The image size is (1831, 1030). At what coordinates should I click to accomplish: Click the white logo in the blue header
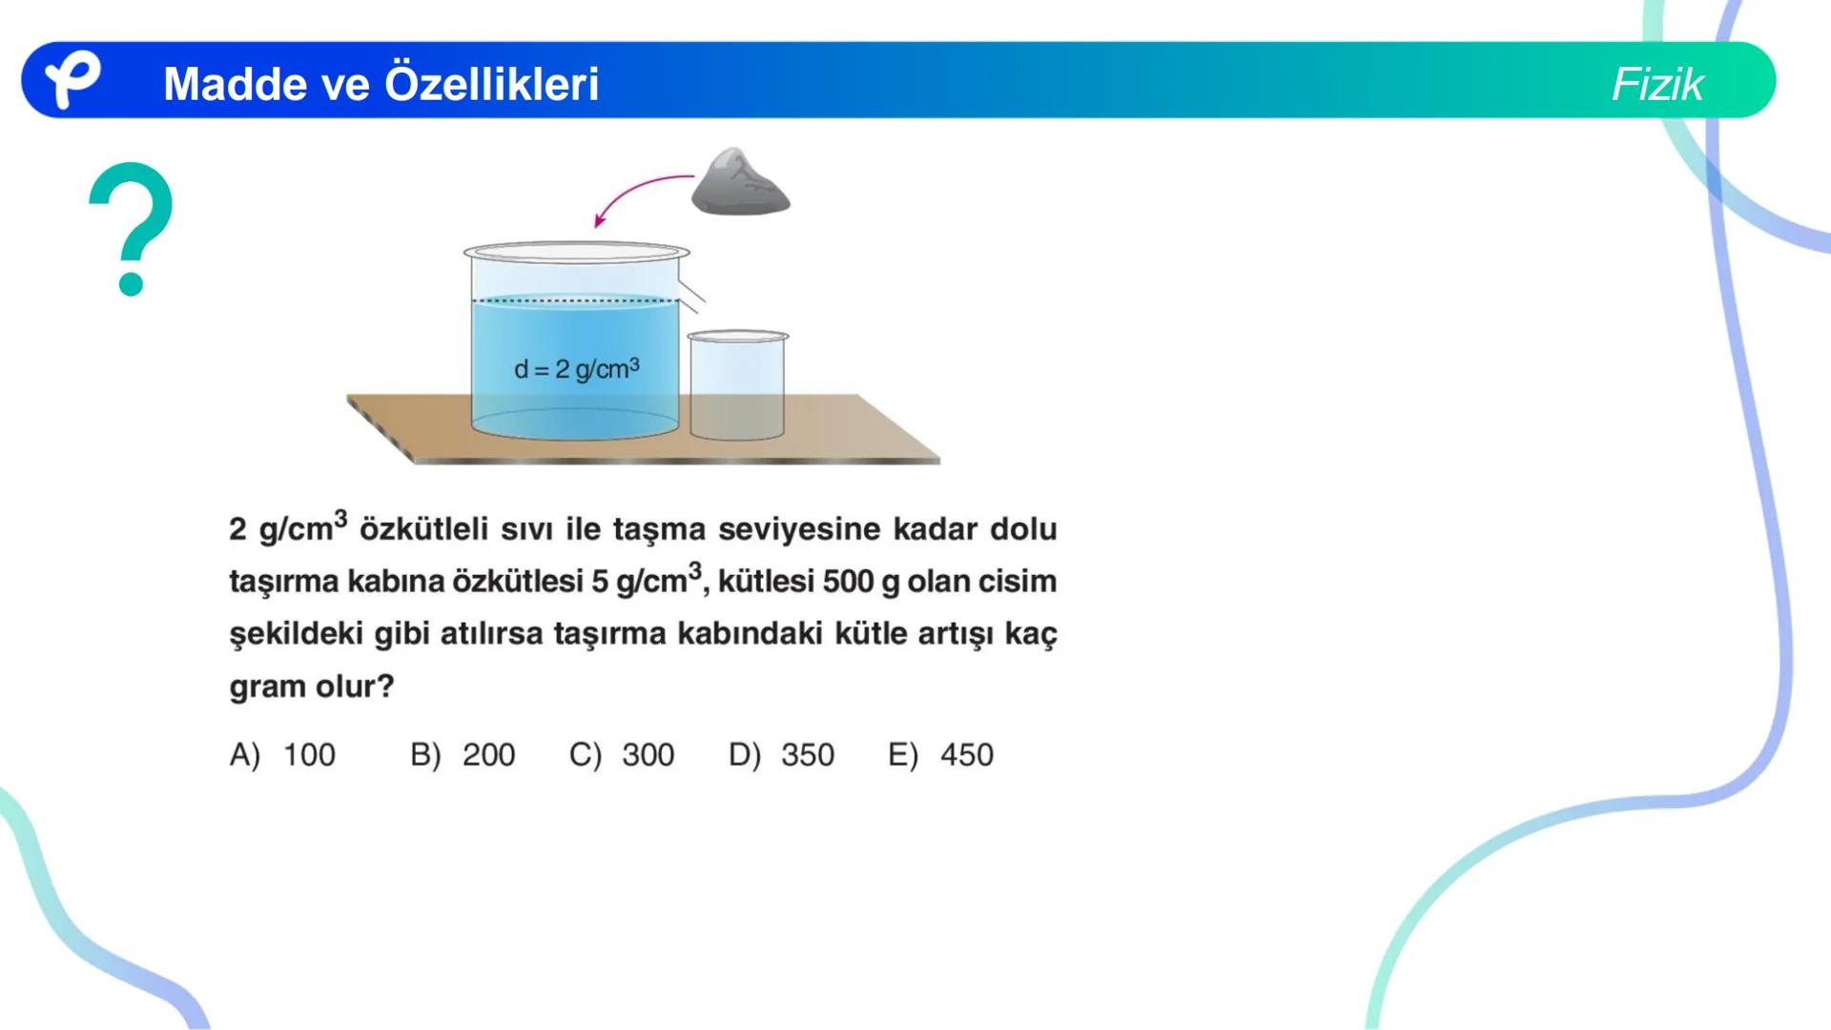(x=72, y=80)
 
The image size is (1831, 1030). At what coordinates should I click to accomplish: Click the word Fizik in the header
(x=1656, y=84)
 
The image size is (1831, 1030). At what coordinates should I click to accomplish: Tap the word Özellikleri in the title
(x=491, y=84)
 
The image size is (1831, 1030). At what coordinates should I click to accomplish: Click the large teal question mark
(x=131, y=227)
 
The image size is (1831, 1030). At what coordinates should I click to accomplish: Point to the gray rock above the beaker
(x=740, y=183)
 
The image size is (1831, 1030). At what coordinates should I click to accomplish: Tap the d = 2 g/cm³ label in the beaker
(x=576, y=369)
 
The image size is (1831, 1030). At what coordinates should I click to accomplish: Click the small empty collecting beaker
(x=737, y=386)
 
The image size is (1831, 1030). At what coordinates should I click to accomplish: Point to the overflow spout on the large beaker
(x=693, y=297)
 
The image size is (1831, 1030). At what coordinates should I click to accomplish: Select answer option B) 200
(x=463, y=754)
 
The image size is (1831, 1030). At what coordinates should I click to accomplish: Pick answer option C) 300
(x=622, y=754)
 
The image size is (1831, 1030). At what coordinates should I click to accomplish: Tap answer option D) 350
(x=781, y=754)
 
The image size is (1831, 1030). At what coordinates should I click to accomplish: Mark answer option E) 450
(x=940, y=754)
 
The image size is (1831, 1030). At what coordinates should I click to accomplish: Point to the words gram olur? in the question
(x=311, y=687)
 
